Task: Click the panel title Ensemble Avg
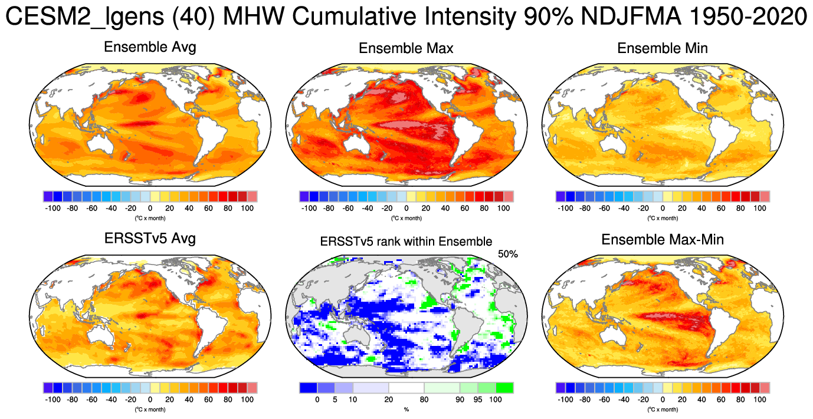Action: (150, 48)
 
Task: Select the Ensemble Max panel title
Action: (406, 48)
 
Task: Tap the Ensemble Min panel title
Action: (663, 48)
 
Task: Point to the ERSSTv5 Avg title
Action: (150, 239)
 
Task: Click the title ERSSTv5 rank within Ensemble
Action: (406, 241)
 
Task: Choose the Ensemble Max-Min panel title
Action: (663, 239)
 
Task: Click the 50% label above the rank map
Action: (507, 254)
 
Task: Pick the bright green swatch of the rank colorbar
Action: (504, 388)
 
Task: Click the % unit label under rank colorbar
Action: (406, 409)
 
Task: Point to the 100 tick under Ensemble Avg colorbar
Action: (247, 208)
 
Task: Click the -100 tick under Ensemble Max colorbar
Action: (309, 208)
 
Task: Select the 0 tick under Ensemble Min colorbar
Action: (663, 208)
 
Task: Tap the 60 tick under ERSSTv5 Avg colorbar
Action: (208, 400)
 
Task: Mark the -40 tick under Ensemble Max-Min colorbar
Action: (624, 400)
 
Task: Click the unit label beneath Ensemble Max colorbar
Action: (406, 218)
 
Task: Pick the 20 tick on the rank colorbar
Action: (388, 400)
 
